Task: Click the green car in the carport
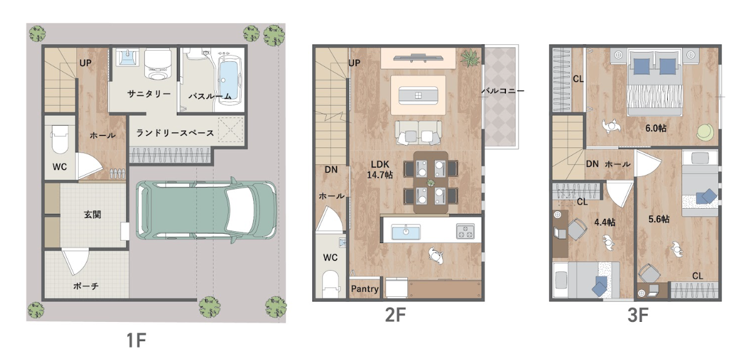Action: [206, 209]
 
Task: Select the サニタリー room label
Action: [149, 94]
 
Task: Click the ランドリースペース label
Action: [175, 133]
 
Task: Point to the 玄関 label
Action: [92, 214]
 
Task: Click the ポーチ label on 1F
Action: [86, 286]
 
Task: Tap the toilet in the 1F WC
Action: [60, 139]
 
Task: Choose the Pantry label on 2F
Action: [365, 289]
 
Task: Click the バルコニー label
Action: [502, 90]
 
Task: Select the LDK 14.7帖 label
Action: [380, 169]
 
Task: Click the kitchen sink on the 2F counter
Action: [405, 232]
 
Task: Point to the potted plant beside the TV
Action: [469, 58]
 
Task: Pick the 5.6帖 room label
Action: [658, 219]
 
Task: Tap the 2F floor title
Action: [395, 316]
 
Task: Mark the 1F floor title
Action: [136, 341]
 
